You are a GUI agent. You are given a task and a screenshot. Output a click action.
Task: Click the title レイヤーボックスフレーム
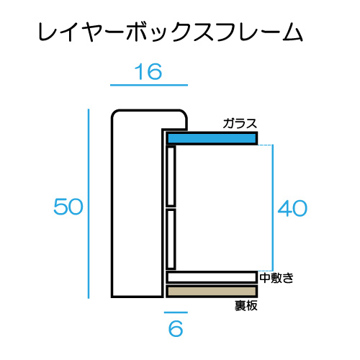(171, 32)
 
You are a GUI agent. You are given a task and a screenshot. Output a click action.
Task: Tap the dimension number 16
(148, 72)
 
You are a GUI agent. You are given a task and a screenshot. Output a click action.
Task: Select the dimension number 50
(68, 207)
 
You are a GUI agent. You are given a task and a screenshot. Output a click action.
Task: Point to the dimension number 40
(292, 208)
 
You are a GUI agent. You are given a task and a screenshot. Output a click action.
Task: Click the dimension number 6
(176, 328)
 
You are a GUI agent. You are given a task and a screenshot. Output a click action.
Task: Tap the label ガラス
(240, 124)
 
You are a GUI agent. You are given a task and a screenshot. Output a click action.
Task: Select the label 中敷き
(276, 278)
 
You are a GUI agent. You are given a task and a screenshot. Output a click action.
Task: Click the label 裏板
(246, 306)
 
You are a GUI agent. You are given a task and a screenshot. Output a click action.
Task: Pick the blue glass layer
(212, 138)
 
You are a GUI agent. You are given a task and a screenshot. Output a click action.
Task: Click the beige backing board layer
(212, 292)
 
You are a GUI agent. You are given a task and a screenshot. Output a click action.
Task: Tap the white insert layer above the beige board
(212, 277)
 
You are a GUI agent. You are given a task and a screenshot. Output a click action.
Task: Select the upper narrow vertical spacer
(171, 176)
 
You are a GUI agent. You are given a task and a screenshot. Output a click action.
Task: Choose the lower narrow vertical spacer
(171, 239)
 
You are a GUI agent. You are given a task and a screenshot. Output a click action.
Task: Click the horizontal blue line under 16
(149, 85)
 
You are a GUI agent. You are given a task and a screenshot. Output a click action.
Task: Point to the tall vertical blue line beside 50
(89, 204)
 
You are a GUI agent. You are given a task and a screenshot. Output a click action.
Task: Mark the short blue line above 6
(176, 312)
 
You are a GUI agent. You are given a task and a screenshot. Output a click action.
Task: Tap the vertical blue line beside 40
(273, 208)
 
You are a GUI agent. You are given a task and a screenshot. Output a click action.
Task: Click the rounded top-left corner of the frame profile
(114, 112)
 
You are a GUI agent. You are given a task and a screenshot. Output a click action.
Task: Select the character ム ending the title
(292, 32)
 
